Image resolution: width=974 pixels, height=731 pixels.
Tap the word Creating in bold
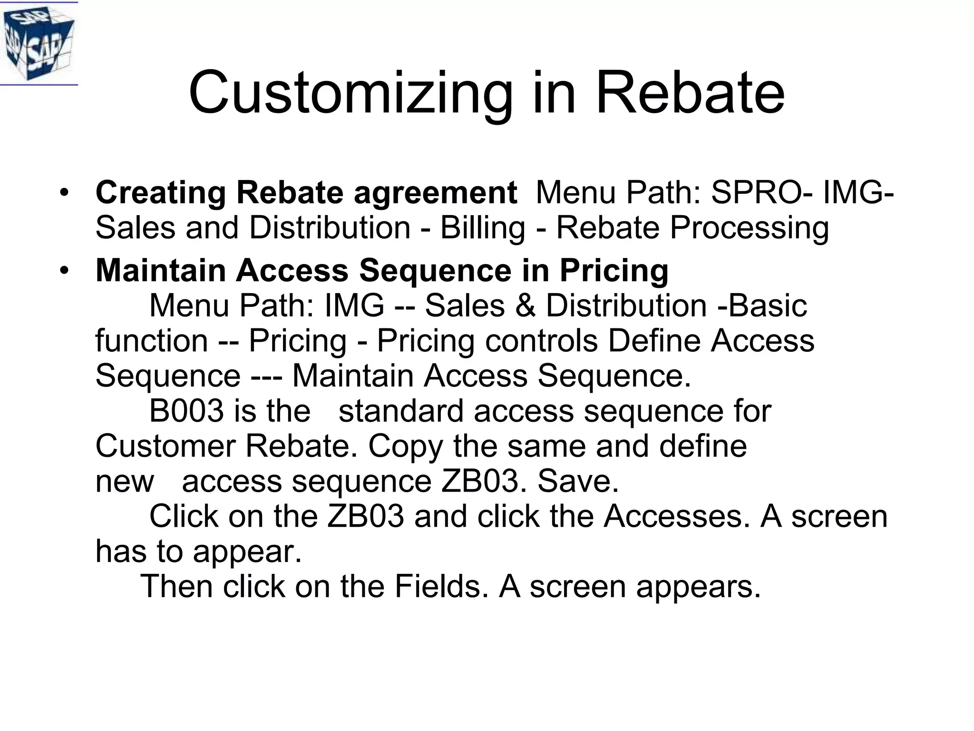[161, 193]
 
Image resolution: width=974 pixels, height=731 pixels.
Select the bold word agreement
[435, 194]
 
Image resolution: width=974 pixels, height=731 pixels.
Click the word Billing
[482, 228]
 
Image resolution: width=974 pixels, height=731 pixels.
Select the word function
[152, 341]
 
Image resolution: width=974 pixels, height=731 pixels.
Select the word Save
[578, 482]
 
